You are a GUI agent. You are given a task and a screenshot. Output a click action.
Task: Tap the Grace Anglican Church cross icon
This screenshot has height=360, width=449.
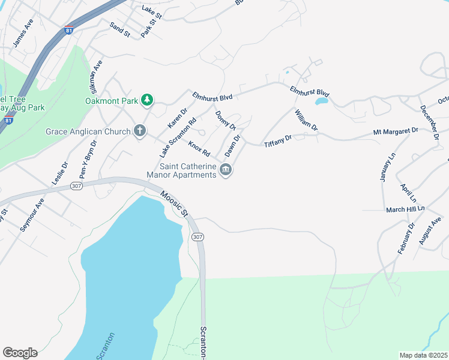[140, 131]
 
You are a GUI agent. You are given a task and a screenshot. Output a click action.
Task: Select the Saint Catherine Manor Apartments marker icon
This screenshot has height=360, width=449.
[226, 170]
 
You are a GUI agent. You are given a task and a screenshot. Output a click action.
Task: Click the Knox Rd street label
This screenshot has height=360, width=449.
[199, 147]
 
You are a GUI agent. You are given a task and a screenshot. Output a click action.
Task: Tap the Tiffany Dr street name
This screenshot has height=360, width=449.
[277, 140]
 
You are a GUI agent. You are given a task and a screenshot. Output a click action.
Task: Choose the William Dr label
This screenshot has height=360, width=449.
[306, 119]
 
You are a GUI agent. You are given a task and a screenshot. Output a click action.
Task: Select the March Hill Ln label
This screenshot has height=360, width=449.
[405, 209]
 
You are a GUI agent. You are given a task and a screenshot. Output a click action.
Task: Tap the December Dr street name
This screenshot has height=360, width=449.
[430, 123]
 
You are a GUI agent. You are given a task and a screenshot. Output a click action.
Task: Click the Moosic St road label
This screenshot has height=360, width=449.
[175, 204]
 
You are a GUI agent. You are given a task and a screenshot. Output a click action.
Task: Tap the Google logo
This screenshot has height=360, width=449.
[20, 353]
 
